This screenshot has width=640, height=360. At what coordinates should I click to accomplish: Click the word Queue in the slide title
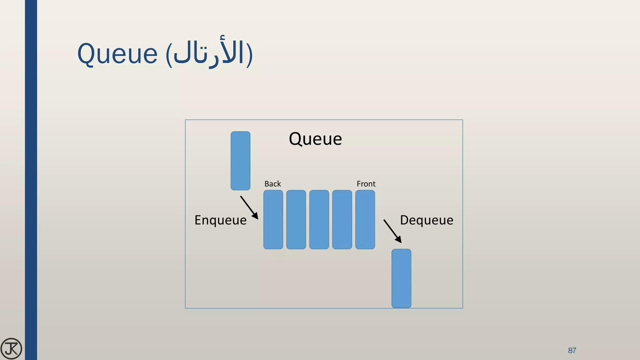(x=117, y=54)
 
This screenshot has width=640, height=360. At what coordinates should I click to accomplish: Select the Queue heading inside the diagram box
(x=315, y=139)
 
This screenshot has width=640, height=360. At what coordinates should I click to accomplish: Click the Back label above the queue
(x=272, y=184)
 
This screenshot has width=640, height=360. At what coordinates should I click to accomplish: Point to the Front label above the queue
(x=366, y=184)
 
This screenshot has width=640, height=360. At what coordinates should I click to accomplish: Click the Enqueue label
(x=220, y=220)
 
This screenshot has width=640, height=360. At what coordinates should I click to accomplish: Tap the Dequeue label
(x=427, y=220)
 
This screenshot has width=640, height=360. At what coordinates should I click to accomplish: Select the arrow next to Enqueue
(x=249, y=207)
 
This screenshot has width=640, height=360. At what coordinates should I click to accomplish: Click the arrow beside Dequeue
(x=392, y=231)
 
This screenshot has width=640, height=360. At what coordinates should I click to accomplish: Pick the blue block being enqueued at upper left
(x=240, y=161)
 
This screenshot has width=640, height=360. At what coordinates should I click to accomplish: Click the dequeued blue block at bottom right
(x=401, y=278)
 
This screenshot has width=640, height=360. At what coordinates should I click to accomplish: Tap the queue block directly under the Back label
(x=273, y=219)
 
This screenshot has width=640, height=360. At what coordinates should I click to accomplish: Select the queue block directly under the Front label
(x=365, y=219)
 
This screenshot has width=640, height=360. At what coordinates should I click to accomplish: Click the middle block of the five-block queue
(x=319, y=219)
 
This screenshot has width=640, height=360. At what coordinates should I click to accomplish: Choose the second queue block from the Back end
(x=296, y=219)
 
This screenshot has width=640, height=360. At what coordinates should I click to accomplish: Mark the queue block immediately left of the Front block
(x=342, y=219)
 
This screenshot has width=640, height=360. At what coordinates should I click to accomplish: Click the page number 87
(x=572, y=350)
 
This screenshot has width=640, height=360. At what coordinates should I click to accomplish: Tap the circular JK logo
(x=11, y=348)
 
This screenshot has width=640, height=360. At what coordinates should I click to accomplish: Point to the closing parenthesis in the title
(x=249, y=55)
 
